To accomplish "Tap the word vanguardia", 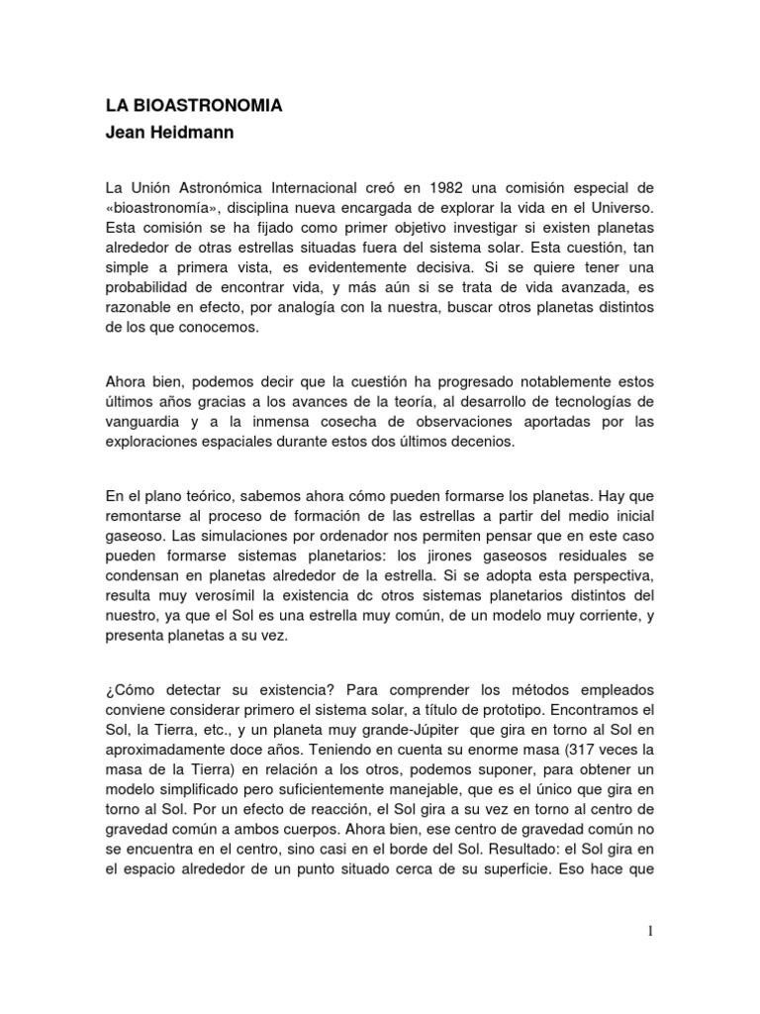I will click(147, 421).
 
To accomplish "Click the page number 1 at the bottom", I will click(652, 932).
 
